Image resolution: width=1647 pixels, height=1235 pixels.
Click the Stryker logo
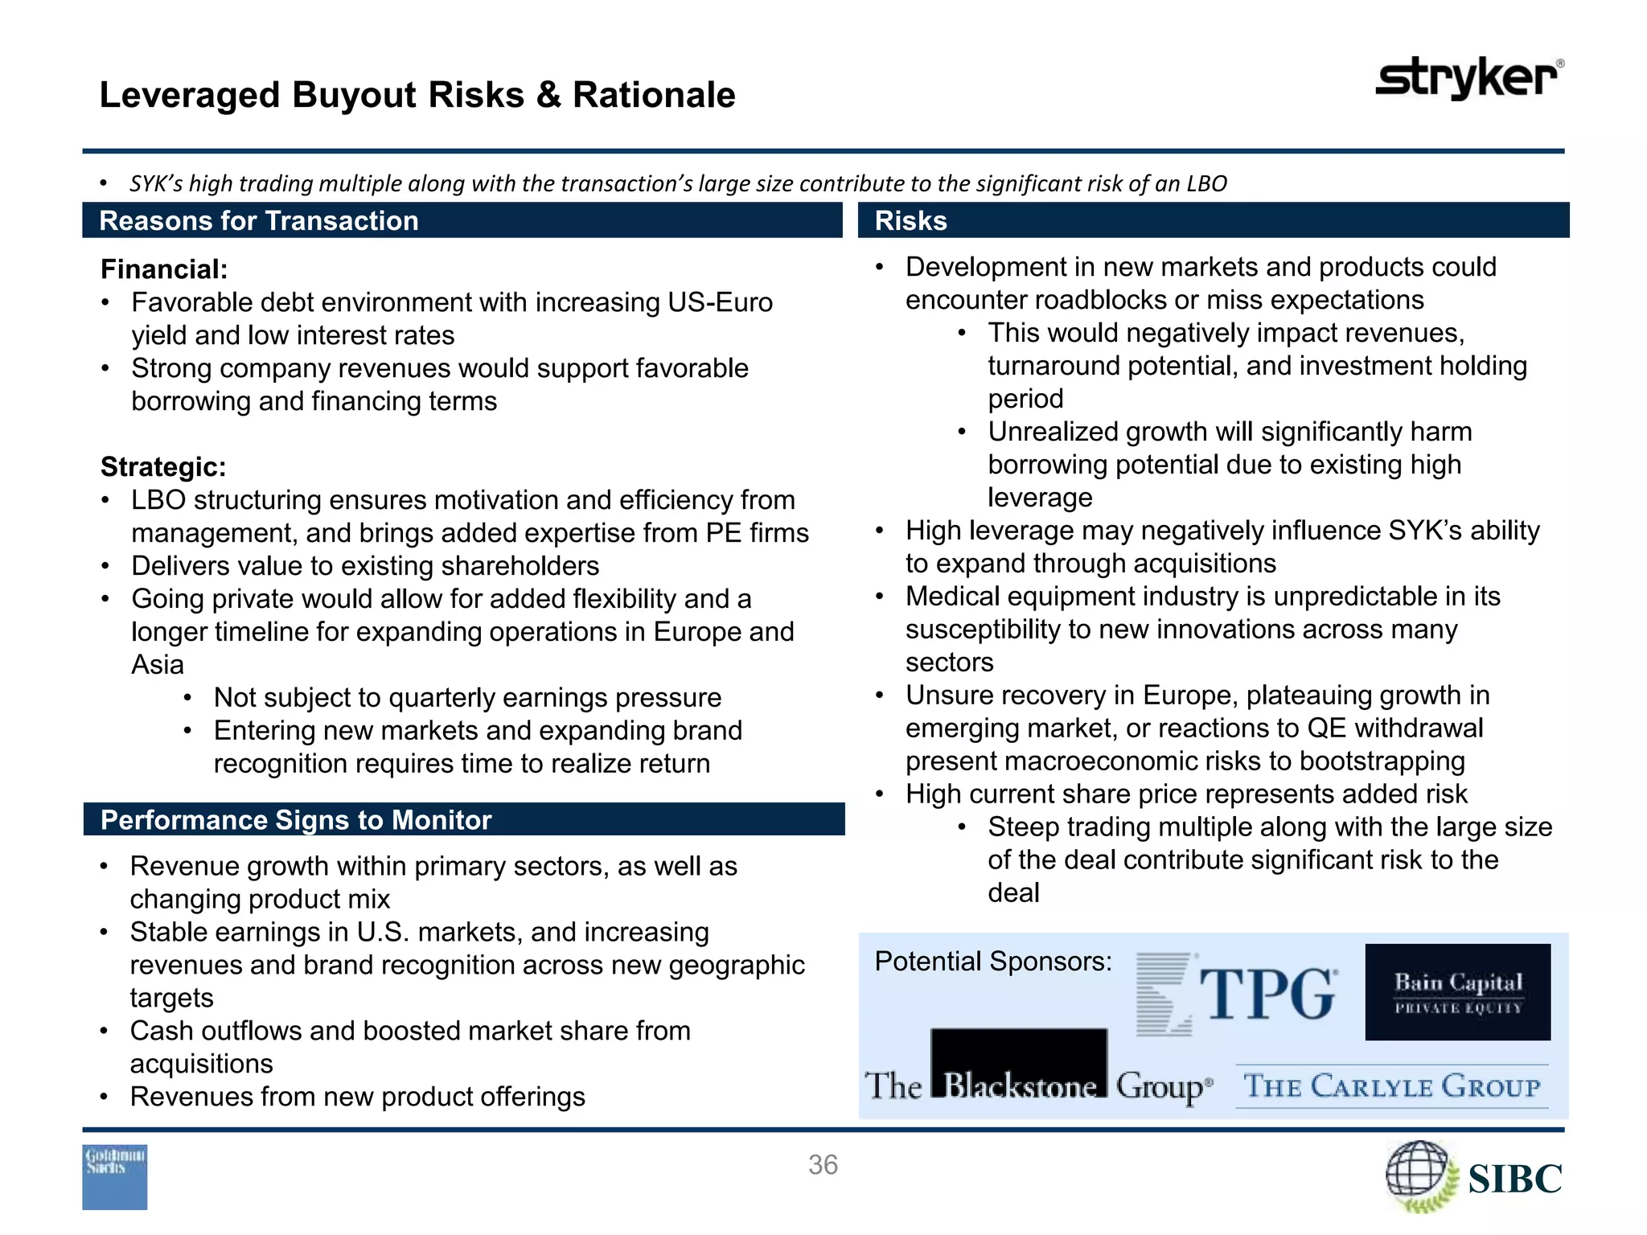pos(1469,78)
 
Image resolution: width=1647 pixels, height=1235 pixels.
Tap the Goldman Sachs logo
pos(115,1176)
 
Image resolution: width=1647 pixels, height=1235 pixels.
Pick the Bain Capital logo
pos(1457,992)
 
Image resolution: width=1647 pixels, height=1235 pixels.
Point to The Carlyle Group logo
pos(1391,1086)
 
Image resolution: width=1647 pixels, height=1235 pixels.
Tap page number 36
pos(823,1164)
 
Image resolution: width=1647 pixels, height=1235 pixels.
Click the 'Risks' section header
pos(910,221)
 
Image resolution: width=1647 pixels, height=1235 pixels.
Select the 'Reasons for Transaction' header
pos(258,221)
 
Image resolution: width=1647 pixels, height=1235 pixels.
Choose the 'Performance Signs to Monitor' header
pos(295,820)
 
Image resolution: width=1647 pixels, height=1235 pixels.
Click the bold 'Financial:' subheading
pos(164,269)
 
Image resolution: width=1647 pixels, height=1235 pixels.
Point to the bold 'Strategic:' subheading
pos(163,467)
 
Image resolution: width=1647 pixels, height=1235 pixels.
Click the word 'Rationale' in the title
pos(654,95)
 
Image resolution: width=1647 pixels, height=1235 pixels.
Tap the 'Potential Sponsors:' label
pos(993,962)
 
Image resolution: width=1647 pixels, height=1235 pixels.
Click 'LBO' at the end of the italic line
pos(1206,184)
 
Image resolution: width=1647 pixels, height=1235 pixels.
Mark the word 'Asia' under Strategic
pos(158,665)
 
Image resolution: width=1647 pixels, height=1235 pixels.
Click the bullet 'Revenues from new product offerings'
pos(357,1097)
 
